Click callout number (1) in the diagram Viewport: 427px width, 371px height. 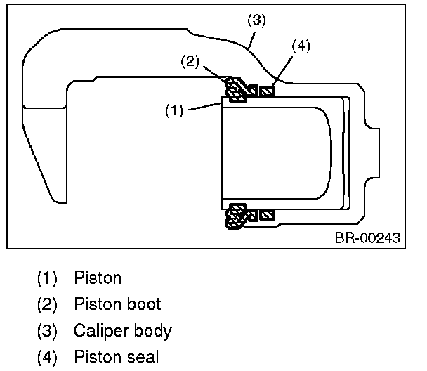point(173,111)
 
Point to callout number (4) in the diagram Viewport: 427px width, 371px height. point(301,47)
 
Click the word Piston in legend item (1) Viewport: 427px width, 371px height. point(97,278)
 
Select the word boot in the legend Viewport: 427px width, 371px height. point(144,304)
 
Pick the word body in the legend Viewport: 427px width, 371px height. point(154,331)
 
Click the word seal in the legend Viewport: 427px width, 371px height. point(143,358)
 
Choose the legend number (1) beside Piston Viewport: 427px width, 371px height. point(48,278)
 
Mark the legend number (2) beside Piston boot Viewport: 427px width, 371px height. point(48,304)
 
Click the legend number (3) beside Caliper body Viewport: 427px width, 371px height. point(48,331)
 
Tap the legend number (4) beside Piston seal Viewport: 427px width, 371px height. point(48,358)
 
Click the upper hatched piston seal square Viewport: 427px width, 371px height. point(267,91)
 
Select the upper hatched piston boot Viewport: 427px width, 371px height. point(237,89)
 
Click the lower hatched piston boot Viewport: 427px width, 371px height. point(235,214)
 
